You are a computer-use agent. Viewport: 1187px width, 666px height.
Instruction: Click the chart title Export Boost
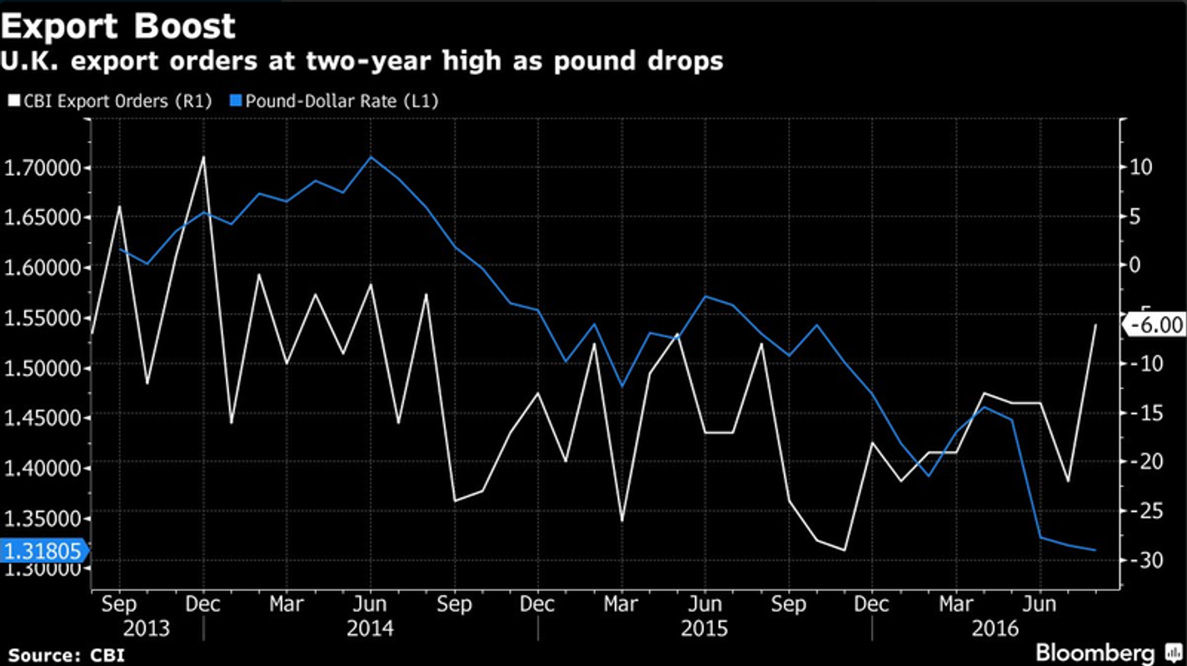pos(118,27)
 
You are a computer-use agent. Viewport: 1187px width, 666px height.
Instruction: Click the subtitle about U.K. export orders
pos(362,62)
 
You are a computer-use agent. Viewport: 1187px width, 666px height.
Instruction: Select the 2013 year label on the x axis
pos(146,628)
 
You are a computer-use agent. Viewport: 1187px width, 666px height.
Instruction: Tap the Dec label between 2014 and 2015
pos(538,603)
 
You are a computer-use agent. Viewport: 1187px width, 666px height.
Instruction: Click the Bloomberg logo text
pos(1095,652)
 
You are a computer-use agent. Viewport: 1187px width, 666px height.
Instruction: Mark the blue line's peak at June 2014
pos(371,157)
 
